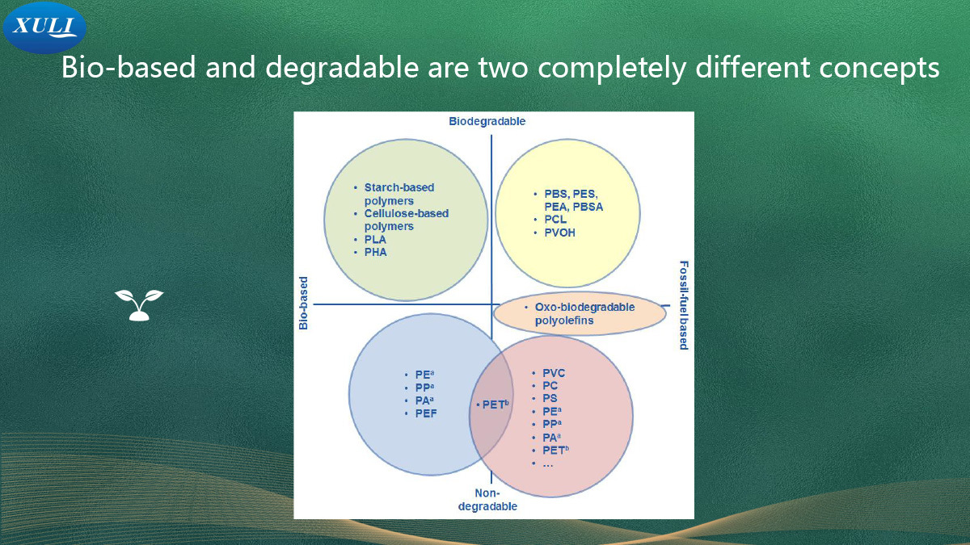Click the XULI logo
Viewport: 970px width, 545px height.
click(44, 27)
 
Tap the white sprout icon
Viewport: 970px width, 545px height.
click(139, 305)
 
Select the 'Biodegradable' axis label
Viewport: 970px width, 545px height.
click(487, 121)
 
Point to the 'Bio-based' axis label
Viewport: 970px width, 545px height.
click(304, 304)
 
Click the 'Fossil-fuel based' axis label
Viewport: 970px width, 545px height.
click(683, 305)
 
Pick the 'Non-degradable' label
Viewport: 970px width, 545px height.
click(487, 500)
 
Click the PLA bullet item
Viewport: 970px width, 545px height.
click(375, 240)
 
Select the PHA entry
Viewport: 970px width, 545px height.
click(375, 252)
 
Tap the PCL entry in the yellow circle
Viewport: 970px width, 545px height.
click(555, 220)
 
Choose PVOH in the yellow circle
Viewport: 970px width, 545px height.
click(560, 233)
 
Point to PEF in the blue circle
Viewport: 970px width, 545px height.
click(426, 413)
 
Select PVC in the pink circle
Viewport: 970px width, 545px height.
click(554, 373)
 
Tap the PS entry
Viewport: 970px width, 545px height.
click(550, 398)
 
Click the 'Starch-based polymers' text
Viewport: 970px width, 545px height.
click(399, 195)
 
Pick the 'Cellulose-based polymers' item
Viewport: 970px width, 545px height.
click(406, 220)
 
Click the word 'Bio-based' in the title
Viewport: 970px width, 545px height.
click(129, 67)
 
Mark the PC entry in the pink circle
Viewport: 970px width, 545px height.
click(550, 385)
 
